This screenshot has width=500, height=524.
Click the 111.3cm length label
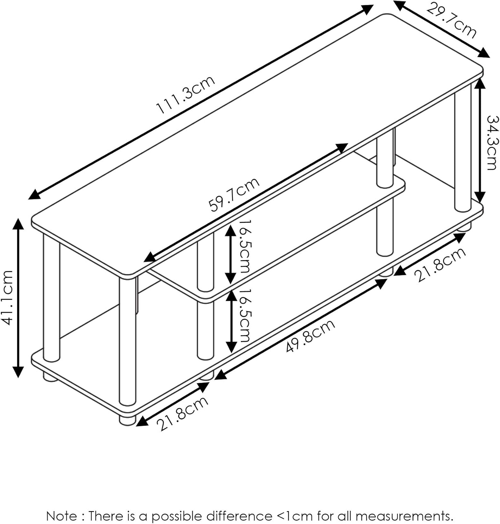tap(186, 95)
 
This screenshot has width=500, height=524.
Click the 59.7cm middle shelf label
tap(234, 194)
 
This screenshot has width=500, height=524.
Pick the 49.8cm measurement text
tap(310, 335)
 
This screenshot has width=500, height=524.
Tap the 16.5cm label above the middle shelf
tap(244, 246)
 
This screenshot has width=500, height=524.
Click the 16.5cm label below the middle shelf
tap(244, 315)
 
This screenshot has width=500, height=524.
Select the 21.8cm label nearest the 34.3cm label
tap(440, 264)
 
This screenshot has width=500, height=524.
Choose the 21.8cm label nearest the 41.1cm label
tap(182, 413)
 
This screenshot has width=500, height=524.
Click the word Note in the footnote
tap(61, 516)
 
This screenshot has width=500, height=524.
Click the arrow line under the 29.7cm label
tap(441, 29)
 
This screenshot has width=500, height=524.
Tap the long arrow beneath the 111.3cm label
tap(201, 102)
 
